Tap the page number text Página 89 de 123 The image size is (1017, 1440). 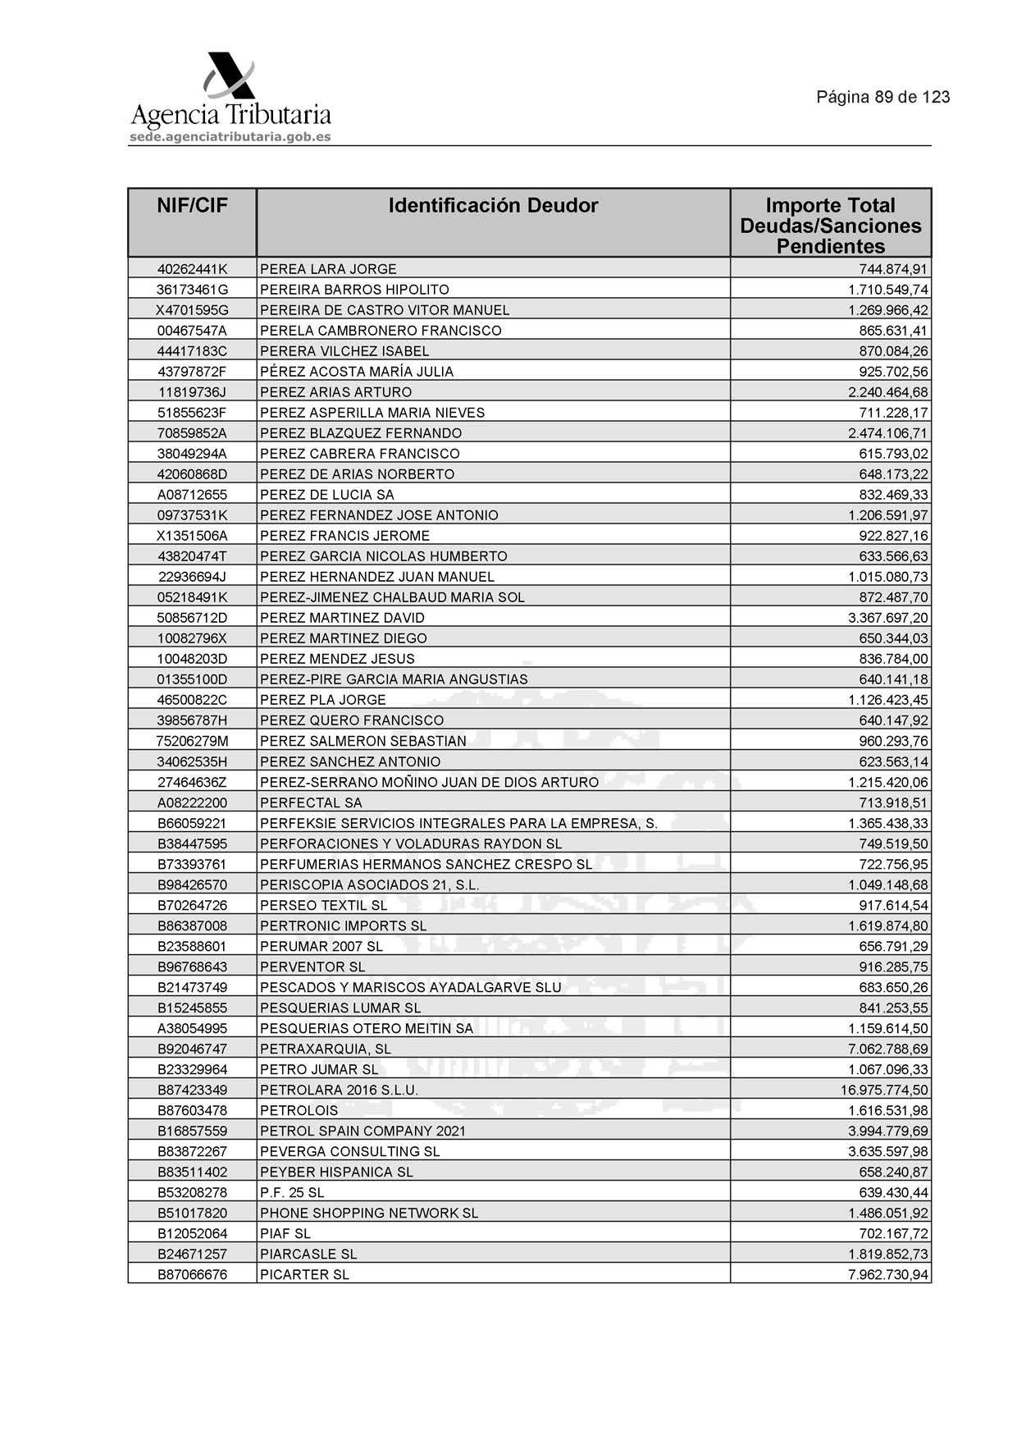pos(882,97)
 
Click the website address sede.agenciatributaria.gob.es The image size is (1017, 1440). pos(230,136)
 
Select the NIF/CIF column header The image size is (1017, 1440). pos(192,206)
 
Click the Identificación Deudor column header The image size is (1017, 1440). pos(493,206)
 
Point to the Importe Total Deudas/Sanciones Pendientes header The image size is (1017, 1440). pos(830,226)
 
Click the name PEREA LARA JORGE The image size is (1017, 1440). pos(328,269)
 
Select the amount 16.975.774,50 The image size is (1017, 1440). pos(884,1090)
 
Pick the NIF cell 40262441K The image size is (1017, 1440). pos(192,269)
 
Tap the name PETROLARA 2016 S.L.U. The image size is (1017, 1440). pos(339,1090)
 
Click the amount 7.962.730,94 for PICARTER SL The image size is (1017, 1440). pos(888,1274)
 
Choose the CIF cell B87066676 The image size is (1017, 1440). pos(192,1274)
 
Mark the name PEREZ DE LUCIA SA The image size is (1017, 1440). pos(327,495)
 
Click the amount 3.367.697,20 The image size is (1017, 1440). pos(888,618)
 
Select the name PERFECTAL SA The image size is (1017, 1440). pos(311,802)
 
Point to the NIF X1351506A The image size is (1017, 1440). pos(192,536)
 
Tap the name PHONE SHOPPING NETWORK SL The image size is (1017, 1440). pos(369,1213)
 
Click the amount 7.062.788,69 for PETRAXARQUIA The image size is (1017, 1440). pos(888,1049)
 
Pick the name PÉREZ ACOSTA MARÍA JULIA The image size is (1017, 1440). pos(357,372)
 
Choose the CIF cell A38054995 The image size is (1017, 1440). pos(192,1028)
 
